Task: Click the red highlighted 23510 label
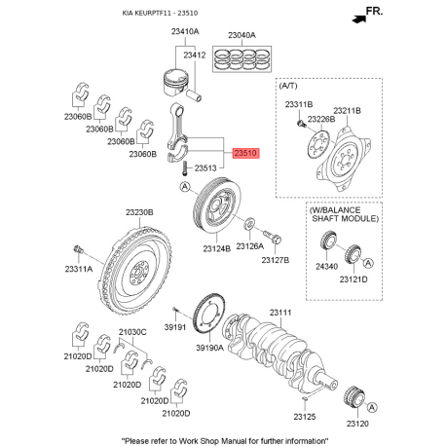[x=246, y=153]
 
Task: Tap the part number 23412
[x=195, y=56]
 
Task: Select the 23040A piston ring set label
[x=242, y=35]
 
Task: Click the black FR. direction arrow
[x=359, y=19]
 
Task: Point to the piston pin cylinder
[x=195, y=94]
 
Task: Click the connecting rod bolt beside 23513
[x=185, y=168]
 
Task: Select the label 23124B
[x=217, y=249]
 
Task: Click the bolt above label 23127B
[x=273, y=237]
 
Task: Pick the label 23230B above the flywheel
[x=139, y=212]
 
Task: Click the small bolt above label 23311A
[x=79, y=249]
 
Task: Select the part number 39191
[x=175, y=327]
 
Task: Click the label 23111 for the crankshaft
[x=280, y=313]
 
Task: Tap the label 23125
[x=305, y=417]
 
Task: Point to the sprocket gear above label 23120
[x=353, y=397]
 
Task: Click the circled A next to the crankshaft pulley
[x=185, y=187]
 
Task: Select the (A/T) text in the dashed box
[x=288, y=86]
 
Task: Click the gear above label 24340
[x=328, y=241]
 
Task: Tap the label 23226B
[x=321, y=119]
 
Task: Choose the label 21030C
[x=132, y=332]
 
